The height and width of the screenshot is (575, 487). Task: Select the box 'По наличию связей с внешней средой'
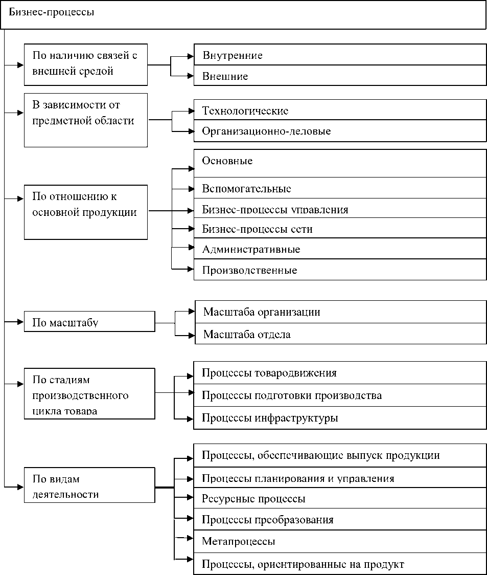tap(86, 64)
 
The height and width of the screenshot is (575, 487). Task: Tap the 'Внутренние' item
tap(340, 55)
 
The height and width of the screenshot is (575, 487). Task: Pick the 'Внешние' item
tap(340, 76)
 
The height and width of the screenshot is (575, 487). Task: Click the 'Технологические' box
tap(340, 110)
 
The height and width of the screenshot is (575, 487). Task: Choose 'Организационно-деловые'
tap(340, 131)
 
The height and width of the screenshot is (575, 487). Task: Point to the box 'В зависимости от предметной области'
tap(86, 120)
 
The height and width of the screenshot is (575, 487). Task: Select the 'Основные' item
tap(340, 163)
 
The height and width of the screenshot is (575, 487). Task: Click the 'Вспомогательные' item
tap(340, 188)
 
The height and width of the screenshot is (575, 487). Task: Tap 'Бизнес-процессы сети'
tap(340, 228)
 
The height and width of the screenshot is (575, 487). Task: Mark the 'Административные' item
tap(340, 249)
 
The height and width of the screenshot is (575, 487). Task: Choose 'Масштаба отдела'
tap(340, 334)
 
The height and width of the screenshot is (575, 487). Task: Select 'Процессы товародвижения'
tap(340, 372)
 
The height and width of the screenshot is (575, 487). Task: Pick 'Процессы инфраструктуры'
tap(340, 418)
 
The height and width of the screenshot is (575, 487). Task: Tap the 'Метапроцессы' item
tap(340, 541)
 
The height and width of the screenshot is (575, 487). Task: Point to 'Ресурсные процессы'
tap(340, 498)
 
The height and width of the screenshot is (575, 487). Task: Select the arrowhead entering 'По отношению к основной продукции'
tap(20, 198)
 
